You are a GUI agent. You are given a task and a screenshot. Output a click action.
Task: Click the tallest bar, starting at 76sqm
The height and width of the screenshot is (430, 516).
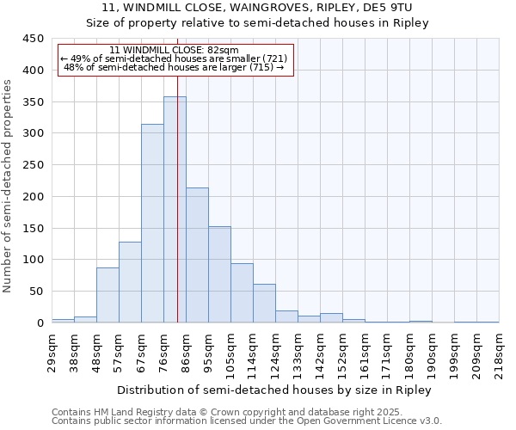[175, 210]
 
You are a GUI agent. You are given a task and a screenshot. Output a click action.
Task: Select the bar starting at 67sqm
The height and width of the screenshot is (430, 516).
[152, 224]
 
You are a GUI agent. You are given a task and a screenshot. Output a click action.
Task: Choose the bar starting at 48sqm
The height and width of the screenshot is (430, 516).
[107, 295]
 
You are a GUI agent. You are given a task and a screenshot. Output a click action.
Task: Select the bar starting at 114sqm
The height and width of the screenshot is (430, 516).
[264, 304]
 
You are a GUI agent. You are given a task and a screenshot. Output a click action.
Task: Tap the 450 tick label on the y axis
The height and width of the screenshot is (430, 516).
[33, 39]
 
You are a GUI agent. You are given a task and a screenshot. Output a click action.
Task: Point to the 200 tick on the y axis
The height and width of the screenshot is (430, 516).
[33, 197]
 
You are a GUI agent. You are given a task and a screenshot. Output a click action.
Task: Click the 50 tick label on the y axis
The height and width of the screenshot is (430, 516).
[36, 292]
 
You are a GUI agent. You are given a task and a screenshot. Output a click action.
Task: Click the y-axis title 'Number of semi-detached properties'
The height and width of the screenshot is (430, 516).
[9, 185]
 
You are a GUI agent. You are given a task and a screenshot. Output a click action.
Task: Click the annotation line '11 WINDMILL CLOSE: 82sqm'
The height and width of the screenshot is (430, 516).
[175, 50]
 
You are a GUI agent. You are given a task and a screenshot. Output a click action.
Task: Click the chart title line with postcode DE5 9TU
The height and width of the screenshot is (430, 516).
[257, 8]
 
